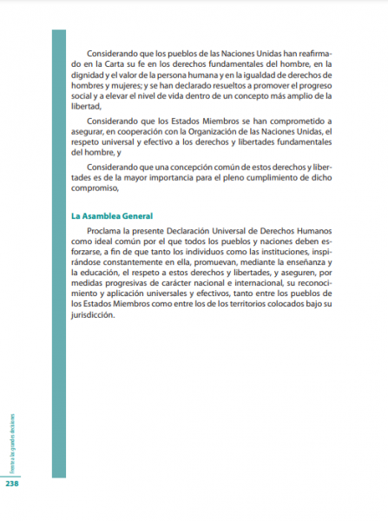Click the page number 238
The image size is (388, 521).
tap(12, 485)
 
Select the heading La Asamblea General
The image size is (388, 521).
tap(112, 215)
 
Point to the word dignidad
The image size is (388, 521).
tap(89, 76)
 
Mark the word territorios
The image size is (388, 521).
tap(257, 309)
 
